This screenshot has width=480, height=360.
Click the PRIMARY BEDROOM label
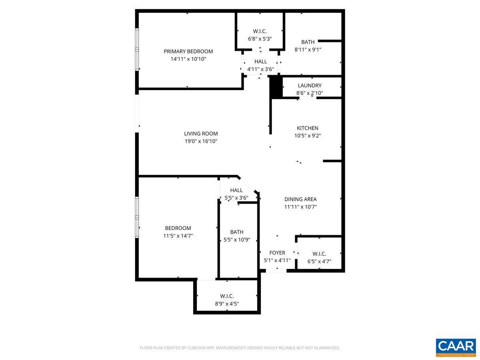188,51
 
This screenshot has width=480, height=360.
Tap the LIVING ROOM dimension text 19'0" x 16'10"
201,141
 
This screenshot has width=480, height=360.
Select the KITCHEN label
307,128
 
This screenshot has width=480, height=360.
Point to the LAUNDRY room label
309,85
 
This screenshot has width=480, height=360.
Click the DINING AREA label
300,199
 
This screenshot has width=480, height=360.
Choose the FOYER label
277,253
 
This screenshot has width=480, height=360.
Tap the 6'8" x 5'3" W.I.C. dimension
260,39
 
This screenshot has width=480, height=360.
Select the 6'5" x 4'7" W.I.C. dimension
319,262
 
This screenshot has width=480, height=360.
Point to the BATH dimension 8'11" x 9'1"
308,50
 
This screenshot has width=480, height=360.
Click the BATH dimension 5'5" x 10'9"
236,240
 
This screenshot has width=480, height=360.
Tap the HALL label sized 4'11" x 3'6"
260,62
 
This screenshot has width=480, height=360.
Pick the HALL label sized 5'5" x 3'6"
236,190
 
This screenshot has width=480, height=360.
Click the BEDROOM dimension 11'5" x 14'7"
178,236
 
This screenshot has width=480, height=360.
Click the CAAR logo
456,347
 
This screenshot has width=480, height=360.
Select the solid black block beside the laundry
276,88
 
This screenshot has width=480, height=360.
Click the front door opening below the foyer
276,271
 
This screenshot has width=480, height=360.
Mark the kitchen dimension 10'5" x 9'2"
307,136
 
